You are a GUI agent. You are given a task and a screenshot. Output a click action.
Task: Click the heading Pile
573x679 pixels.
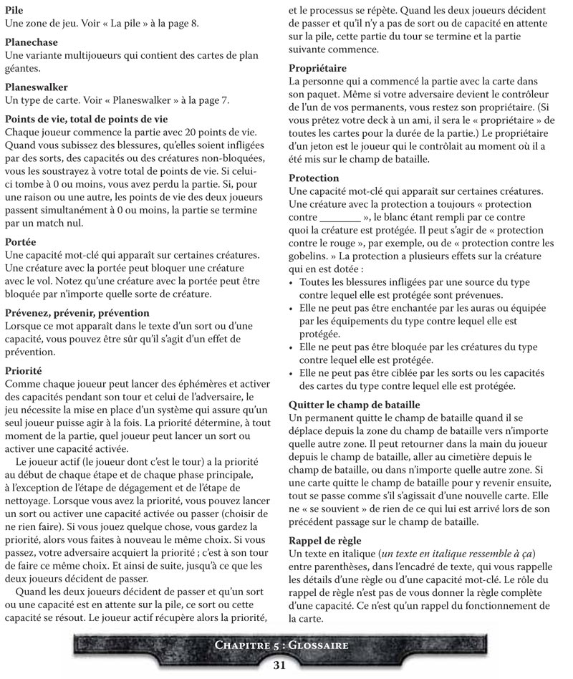14,11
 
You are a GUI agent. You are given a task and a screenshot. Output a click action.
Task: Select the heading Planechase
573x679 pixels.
32,43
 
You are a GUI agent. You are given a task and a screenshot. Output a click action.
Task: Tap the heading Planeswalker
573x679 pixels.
37,87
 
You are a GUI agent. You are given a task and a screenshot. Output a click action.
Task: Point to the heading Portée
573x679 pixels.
21,243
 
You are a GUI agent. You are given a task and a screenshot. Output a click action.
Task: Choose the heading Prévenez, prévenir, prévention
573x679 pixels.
77,313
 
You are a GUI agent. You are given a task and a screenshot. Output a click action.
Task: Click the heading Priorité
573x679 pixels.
24,371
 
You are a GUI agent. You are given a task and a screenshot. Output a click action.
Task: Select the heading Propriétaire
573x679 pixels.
317,68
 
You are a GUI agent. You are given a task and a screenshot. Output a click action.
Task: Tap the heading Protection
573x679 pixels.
314,178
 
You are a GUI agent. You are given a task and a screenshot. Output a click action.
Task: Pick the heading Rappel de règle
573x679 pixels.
324,539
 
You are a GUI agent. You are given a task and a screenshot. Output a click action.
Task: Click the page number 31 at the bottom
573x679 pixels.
280,665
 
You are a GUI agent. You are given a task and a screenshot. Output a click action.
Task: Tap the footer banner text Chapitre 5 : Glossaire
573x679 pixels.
281,645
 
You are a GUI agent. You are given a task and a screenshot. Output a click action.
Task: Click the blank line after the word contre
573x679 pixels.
340,217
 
